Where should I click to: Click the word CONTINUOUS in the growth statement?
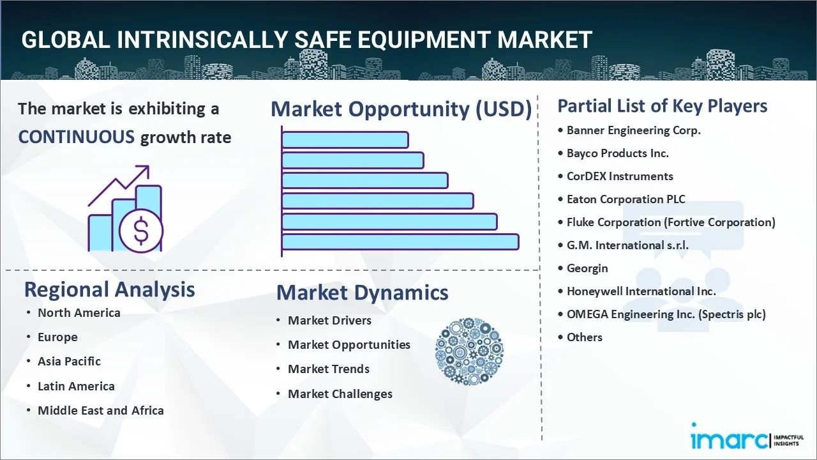76,137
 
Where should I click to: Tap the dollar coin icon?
141,231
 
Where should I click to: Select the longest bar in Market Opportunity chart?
400,241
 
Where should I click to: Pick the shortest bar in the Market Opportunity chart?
345,139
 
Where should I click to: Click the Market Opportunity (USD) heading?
401,109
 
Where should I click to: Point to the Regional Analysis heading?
109,289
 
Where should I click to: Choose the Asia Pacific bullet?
69,362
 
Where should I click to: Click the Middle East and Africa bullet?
100,411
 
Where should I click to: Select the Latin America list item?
76,387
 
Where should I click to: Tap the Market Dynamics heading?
362,293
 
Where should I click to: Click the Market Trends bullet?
328,369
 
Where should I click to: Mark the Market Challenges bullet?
340,394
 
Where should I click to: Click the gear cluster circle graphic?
469,351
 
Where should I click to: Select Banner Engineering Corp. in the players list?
633,130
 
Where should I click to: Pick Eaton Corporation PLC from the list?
626,199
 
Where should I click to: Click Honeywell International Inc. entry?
641,291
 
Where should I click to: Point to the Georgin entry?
587,268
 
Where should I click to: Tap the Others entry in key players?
584,337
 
